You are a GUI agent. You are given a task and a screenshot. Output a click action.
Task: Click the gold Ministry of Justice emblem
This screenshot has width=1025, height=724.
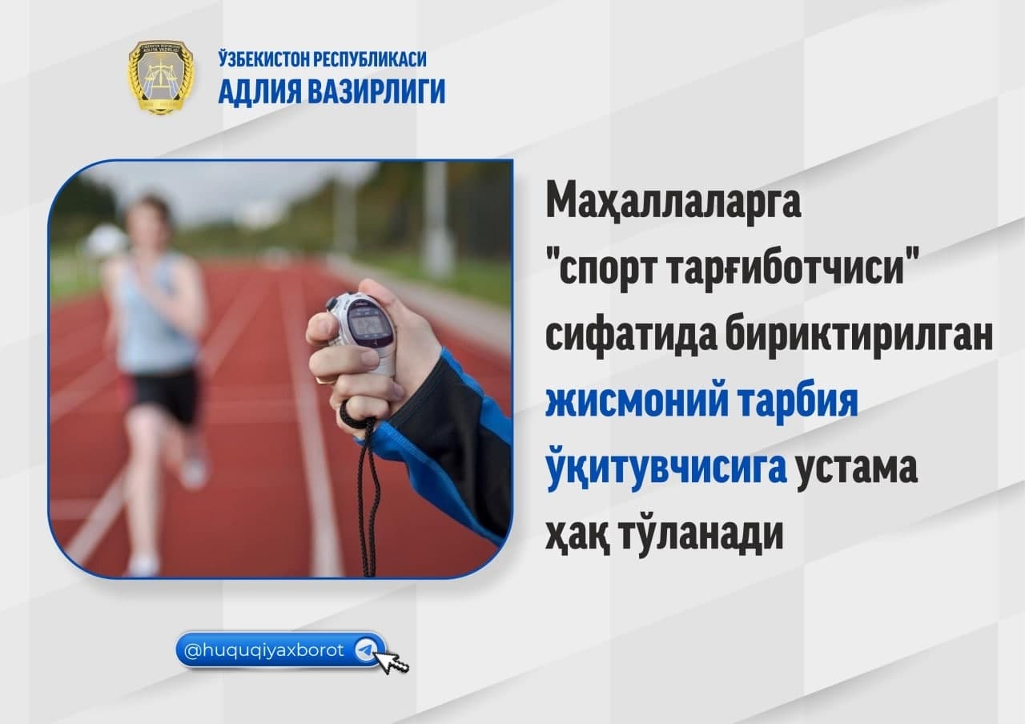coord(161,77)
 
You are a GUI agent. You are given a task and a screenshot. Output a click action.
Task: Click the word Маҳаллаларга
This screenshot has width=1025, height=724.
coord(673,203)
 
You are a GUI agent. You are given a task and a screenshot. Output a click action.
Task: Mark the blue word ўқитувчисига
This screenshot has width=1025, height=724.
coord(666,468)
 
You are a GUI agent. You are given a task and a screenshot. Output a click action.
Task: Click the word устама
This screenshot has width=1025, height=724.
coord(857,470)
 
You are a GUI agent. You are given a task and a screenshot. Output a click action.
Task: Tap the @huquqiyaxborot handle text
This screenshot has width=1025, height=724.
coord(263,650)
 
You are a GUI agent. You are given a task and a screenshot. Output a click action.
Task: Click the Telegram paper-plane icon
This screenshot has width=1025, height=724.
coord(366,650)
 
